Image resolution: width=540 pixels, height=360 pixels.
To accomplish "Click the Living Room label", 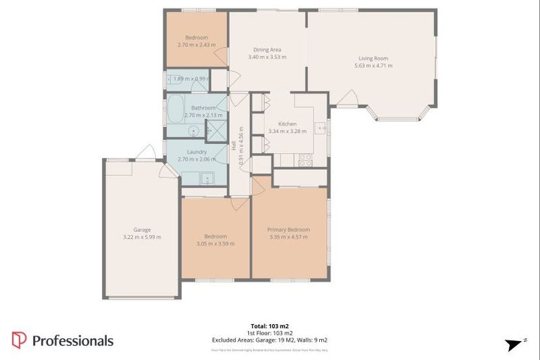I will pos(373,58).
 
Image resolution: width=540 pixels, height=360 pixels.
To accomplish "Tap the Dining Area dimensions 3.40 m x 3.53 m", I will pos(267,57).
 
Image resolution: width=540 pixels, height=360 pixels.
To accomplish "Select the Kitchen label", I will pos(288,124).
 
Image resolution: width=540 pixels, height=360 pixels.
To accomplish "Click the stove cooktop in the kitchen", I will pos(306,160).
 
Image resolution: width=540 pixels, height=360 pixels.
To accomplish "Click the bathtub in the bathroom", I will pos(173,108).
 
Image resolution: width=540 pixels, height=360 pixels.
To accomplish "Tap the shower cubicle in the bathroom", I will pos(213,130).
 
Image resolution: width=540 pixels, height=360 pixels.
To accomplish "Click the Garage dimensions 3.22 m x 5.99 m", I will pos(142,237).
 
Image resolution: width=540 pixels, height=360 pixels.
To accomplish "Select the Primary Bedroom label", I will pos(288,229).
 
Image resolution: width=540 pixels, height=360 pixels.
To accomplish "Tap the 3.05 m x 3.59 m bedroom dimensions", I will pos(216,244).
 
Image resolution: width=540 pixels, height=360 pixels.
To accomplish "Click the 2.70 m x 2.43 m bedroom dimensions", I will pos(196,44).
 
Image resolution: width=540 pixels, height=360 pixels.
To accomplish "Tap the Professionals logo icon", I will pos(20,340).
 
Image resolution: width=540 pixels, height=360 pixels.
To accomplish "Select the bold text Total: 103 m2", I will pos(269,326).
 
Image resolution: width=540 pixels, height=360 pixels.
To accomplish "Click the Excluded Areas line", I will pos(269,340).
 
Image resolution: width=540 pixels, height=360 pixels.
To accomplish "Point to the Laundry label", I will pos(196,151).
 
